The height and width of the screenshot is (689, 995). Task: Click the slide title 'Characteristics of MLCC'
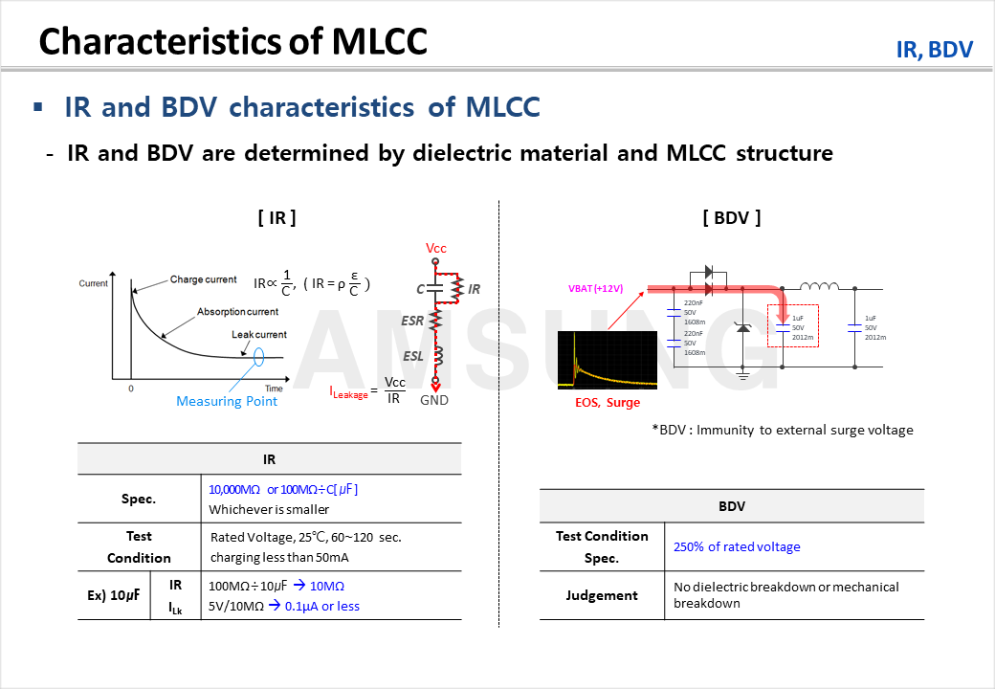coord(232,41)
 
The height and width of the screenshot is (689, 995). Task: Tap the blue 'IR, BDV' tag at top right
coord(934,50)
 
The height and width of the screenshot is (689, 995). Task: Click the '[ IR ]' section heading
coord(276,217)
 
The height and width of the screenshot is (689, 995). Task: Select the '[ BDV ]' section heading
coord(732,217)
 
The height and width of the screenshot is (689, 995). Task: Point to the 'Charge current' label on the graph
coord(203,279)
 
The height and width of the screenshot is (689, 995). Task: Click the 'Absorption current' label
coord(237,312)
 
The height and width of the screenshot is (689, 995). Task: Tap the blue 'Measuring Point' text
coord(227,401)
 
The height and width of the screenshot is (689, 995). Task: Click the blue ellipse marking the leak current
coord(258,357)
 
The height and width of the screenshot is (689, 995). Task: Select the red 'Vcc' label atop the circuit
coord(435,249)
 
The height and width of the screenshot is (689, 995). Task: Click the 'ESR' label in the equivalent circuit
coord(413,322)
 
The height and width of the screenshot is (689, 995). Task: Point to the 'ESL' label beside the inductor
coord(413,356)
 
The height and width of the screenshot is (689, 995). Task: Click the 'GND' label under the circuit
coord(434,401)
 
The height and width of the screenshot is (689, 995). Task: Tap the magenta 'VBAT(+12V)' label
coord(595,288)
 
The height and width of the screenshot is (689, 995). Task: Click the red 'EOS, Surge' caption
coord(608,402)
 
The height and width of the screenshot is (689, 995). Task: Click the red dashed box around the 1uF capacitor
coord(793,325)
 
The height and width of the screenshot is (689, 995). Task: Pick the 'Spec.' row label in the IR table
coord(139,499)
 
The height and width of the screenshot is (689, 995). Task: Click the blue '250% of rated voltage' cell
coord(737,547)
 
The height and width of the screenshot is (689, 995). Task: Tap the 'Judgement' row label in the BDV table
coord(602,595)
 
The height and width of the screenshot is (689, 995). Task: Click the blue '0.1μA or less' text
coord(322,606)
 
